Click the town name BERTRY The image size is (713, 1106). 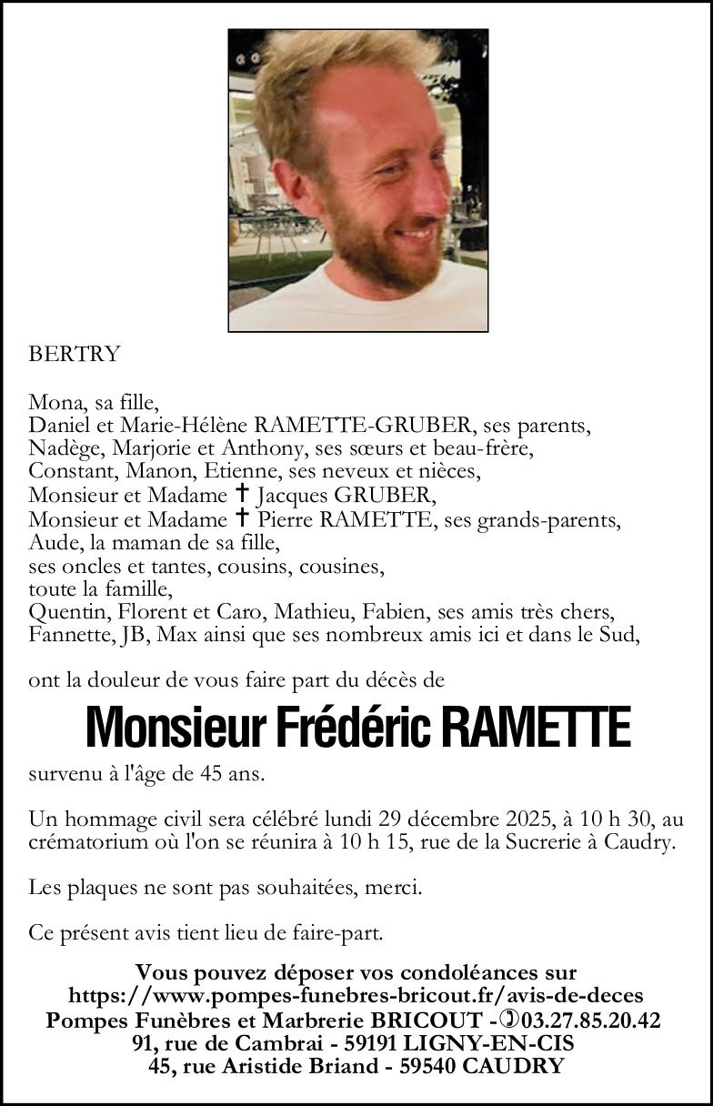[75, 355]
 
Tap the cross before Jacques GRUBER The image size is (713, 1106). [242, 495]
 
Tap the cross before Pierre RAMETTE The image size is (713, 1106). [242, 518]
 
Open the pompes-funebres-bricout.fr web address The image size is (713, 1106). [356, 997]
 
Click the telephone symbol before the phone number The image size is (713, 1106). [507, 1020]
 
